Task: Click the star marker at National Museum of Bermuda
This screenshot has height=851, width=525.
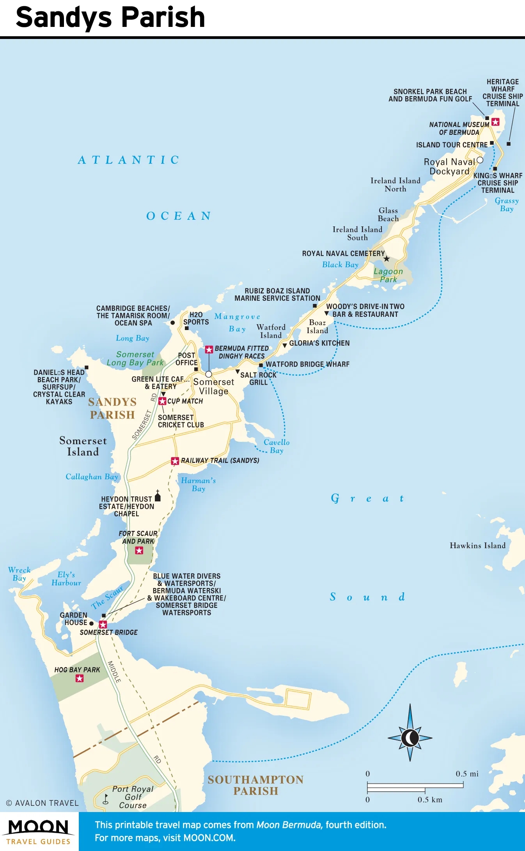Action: (495, 122)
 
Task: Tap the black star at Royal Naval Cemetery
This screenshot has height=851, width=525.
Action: (387, 259)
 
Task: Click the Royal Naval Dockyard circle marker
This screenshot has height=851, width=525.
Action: (480, 160)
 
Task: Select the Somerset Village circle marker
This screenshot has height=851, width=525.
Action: (209, 374)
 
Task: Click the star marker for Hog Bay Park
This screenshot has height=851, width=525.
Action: (80, 678)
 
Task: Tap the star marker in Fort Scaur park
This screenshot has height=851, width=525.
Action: (139, 550)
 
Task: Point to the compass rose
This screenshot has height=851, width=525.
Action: (410, 737)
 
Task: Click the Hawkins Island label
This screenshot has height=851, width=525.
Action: (477, 546)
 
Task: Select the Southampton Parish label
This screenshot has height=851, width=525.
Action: (255, 785)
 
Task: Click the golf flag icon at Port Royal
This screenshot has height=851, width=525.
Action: (105, 799)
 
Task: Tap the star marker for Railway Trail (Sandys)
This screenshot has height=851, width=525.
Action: (175, 461)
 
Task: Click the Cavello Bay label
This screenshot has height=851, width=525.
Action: (276, 446)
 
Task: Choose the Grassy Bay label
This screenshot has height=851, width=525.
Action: (506, 205)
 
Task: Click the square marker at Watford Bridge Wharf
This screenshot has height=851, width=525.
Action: (261, 365)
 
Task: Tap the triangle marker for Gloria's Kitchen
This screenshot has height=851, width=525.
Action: (285, 345)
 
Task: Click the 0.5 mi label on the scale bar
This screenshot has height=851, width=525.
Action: (467, 773)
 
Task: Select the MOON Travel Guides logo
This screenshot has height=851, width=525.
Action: (39, 832)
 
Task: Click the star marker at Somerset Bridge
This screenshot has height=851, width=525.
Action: (103, 625)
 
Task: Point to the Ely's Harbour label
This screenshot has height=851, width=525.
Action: (66, 579)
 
